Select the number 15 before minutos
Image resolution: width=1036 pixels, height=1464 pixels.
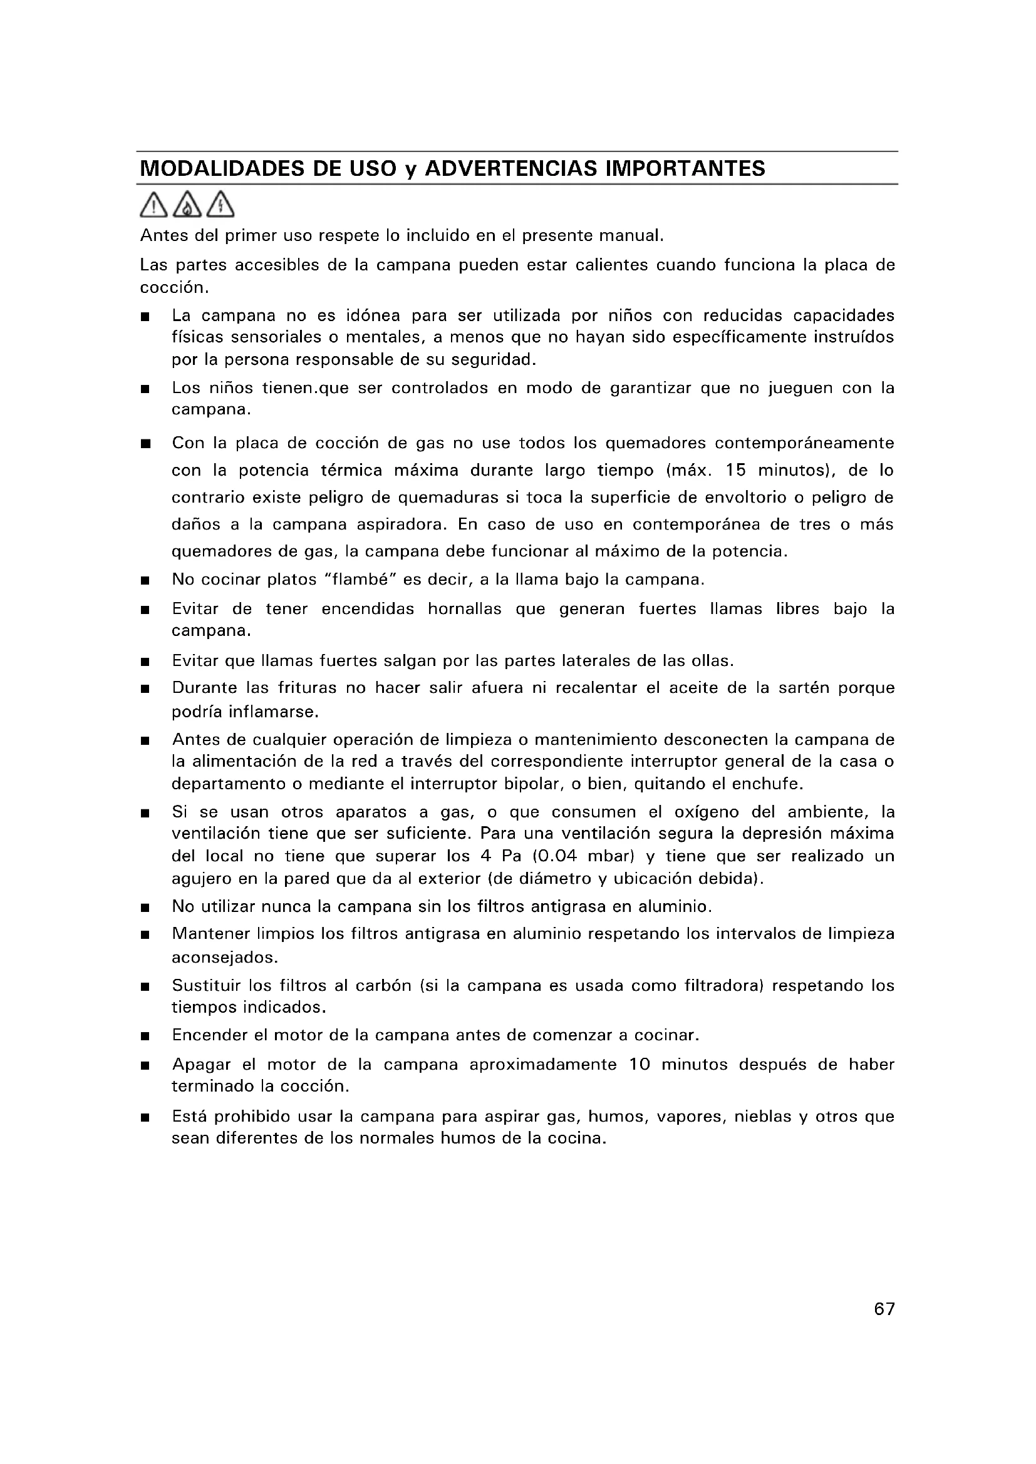coord(735,471)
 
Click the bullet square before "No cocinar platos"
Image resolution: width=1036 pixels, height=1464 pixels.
coord(145,581)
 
